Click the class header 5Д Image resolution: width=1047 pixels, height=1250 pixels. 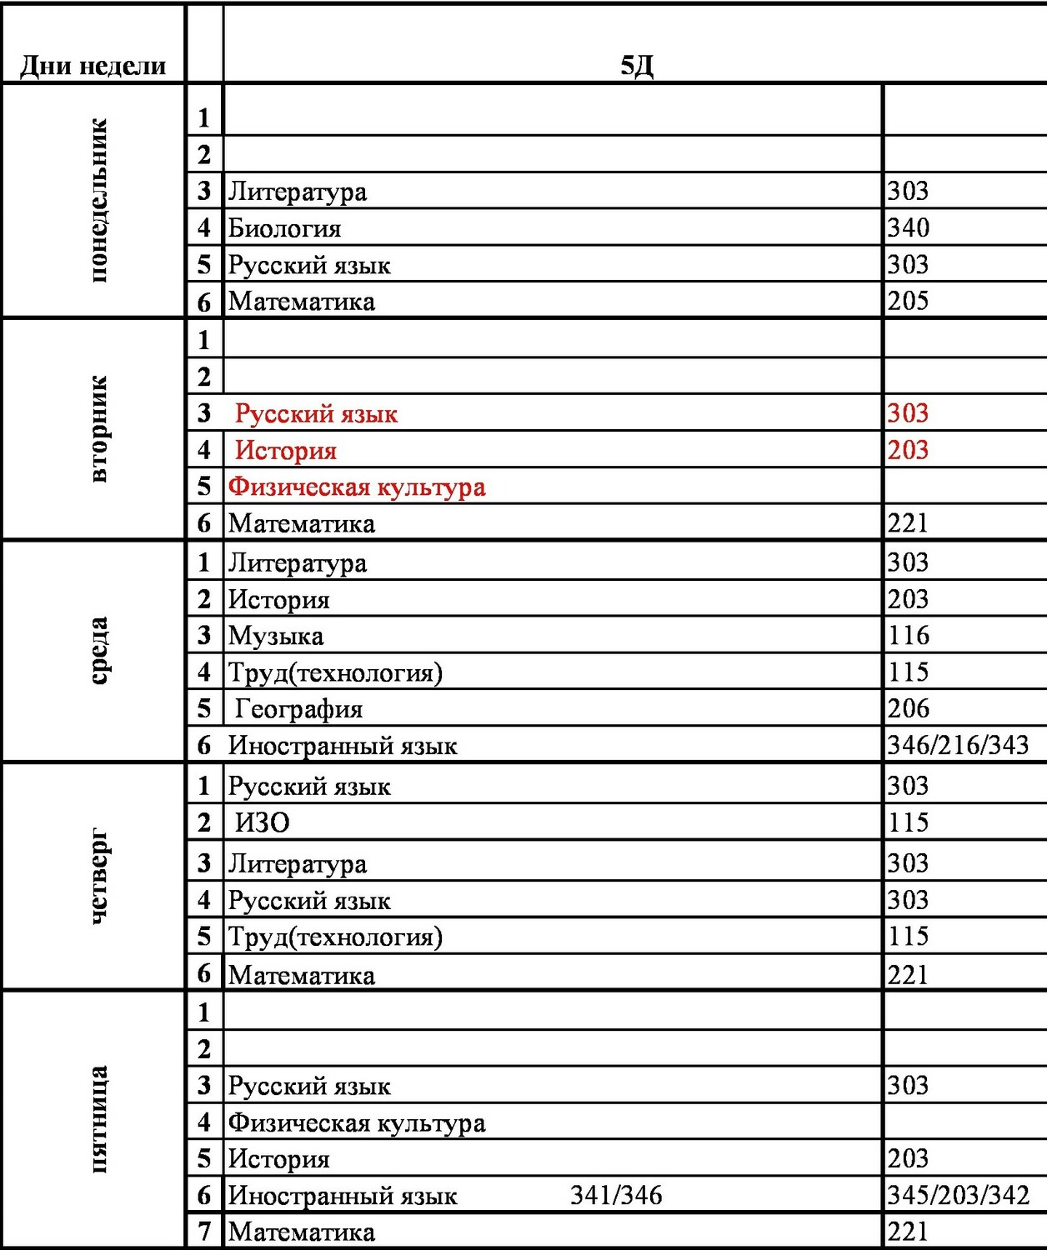click(x=636, y=66)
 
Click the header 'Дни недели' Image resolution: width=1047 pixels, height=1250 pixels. click(x=93, y=66)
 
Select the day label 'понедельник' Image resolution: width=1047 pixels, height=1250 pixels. click(x=98, y=200)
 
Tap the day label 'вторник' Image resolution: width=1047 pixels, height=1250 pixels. click(x=98, y=428)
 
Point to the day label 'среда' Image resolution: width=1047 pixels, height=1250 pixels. click(x=98, y=651)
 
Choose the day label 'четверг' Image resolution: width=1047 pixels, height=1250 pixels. click(x=98, y=876)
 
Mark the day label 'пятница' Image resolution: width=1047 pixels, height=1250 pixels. click(x=98, y=1119)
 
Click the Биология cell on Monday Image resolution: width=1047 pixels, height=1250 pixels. click(x=284, y=228)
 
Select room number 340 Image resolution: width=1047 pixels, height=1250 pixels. click(x=908, y=227)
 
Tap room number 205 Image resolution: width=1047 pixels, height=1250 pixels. click(x=908, y=301)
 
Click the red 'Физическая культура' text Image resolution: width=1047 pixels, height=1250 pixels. click(x=357, y=487)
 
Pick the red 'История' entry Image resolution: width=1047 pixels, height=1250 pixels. click(x=286, y=451)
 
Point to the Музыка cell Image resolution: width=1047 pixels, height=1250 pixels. click(x=276, y=637)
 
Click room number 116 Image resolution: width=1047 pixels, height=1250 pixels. click(x=908, y=636)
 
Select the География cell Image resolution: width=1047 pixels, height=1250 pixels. click(x=298, y=709)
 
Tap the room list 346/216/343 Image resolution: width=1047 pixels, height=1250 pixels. click(x=958, y=745)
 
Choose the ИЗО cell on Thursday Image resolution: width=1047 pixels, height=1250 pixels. click(x=262, y=823)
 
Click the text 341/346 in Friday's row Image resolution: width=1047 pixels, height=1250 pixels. click(x=616, y=1196)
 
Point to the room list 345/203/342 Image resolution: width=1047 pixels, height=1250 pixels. click(x=958, y=1196)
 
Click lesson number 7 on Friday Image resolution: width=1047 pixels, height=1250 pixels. click(x=204, y=1231)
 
